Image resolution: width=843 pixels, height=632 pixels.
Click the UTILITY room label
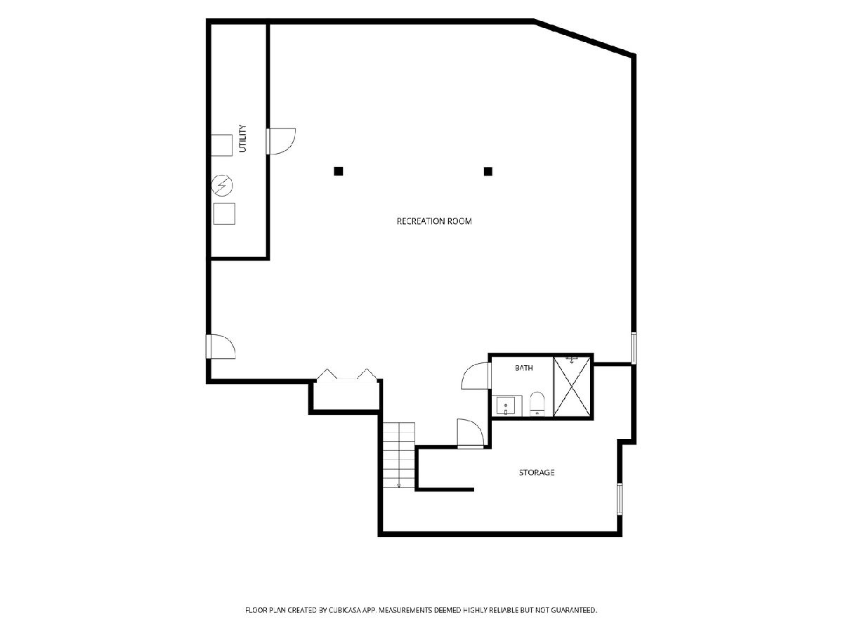tap(243, 138)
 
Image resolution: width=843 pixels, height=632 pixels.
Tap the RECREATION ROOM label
tap(434, 221)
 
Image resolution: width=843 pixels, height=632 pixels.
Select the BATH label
tap(524, 367)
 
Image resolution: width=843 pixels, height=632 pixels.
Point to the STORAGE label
tap(537, 473)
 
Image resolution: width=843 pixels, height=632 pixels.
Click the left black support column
tap(339, 171)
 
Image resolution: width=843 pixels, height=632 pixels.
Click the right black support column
tap(488, 171)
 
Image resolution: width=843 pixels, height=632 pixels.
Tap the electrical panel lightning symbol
tap(222, 185)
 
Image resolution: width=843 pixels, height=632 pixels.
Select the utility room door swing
tap(282, 141)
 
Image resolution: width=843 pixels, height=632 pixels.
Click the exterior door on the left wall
tap(221, 346)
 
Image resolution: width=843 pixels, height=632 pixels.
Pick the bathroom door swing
tap(476, 376)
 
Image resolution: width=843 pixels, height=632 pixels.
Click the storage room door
tap(471, 433)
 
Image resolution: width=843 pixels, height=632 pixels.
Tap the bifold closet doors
tap(347, 374)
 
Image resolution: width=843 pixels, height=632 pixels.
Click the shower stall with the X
tap(572, 386)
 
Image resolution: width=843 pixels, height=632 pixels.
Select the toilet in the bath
tap(537, 404)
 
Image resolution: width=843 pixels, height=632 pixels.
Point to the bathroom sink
tap(506, 406)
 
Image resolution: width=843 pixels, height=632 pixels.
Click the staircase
tap(399, 455)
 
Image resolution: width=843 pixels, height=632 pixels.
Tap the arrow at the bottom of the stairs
tap(399, 485)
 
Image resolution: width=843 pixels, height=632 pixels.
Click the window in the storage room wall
tap(619, 499)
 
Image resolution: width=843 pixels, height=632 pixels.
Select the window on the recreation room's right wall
tap(634, 348)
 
